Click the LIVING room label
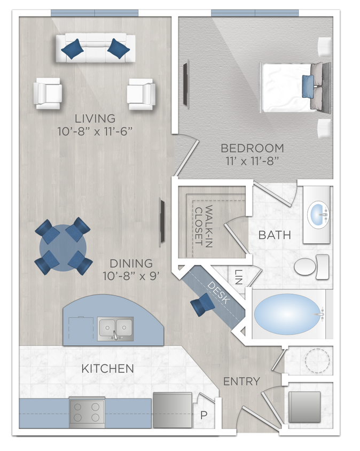[x=95, y=118]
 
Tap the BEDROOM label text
[x=252, y=148]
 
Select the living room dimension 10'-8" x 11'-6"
[x=95, y=131]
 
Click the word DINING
[x=131, y=263]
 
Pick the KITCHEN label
[x=107, y=369]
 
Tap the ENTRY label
[x=241, y=382]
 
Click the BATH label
[x=275, y=235]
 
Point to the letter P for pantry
[x=204, y=415]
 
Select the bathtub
[x=288, y=314]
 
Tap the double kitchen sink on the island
[x=115, y=327]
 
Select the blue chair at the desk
[x=203, y=305]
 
